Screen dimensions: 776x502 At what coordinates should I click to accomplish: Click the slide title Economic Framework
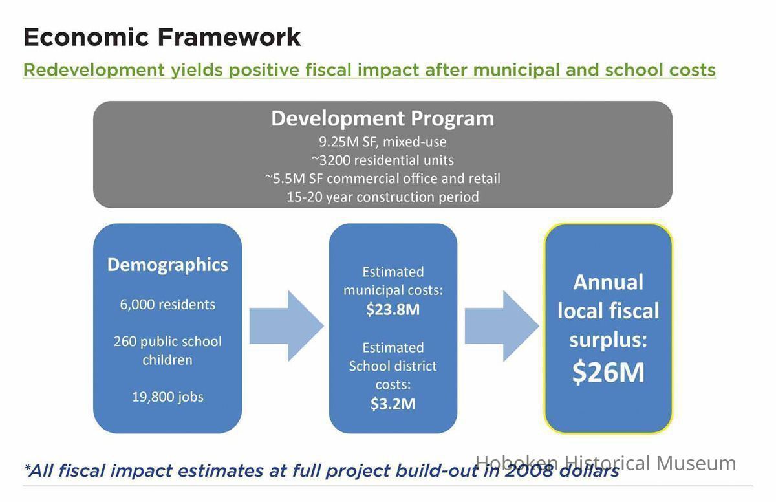162,37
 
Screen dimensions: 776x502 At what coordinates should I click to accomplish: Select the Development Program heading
382,119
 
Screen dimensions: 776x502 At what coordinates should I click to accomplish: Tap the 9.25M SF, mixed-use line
382,142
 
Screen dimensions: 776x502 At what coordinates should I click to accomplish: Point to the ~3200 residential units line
382,160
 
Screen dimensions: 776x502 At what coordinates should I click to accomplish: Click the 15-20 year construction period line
382,197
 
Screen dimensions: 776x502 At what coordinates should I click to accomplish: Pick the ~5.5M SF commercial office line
382,179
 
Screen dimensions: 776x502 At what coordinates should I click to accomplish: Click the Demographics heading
167,265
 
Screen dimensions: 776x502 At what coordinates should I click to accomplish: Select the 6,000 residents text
167,305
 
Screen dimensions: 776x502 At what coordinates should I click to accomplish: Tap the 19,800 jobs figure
167,397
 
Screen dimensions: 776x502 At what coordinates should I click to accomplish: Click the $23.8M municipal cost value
393,309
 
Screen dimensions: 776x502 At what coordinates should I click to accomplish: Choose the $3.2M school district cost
393,404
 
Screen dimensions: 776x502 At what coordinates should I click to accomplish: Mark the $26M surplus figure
609,373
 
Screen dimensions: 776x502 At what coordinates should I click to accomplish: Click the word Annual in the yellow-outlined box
609,282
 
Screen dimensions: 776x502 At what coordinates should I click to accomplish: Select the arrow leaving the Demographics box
286,326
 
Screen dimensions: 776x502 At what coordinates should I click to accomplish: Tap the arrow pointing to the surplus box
502,326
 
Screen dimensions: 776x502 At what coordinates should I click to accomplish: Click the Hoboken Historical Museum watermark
606,463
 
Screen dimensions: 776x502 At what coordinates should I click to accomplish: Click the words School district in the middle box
393,366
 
